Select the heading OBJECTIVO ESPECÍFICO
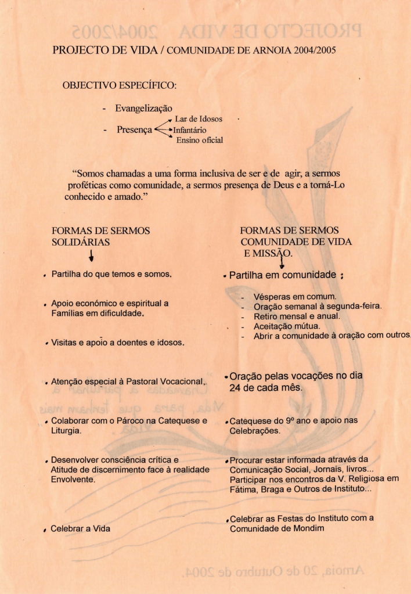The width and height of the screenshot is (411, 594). [x=119, y=86]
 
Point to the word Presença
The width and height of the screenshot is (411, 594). [x=134, y=129]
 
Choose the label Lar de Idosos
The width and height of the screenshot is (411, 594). [x=199, y=119]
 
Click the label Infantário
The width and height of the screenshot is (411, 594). [x=189, y=130]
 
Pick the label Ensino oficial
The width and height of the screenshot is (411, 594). [x=199, y=140]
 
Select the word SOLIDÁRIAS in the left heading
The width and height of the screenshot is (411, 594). [x=81, y=242]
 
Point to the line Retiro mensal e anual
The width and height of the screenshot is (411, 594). [x=297, y=316]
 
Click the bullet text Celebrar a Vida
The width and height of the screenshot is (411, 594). [x=81, y=529]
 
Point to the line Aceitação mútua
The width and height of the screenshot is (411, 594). [x=286, y=326]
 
